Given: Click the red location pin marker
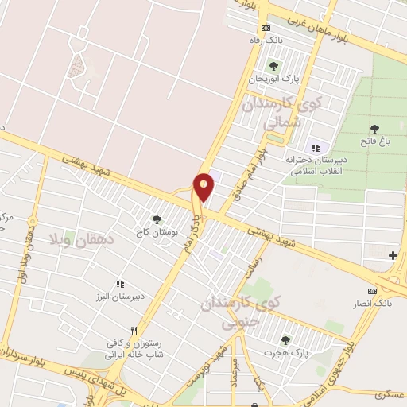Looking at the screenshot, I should (x=204, y=186).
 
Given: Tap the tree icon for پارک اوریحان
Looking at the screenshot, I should (x=273, y=66).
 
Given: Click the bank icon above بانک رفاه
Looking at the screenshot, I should (x=266, y=29).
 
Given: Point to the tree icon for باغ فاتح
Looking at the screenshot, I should (x=374, y=128).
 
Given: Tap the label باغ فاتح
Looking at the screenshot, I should (x=374, y=141).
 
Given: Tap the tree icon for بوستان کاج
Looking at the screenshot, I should (x=156, y=219).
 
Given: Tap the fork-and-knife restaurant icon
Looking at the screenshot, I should (x=134, y=330).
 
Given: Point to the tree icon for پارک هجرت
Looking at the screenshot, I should (x=285, y=340).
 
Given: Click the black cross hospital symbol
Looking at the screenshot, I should (x=393, y=255).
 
